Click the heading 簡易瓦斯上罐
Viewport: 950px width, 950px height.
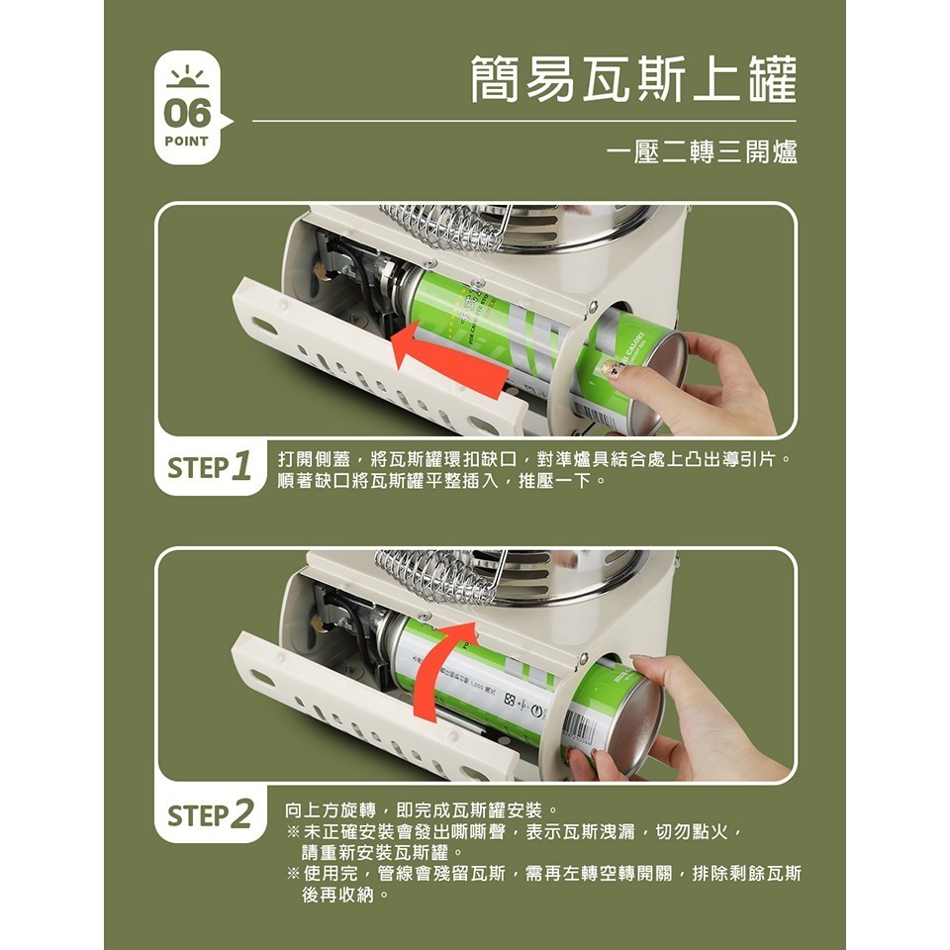tap(633, 80)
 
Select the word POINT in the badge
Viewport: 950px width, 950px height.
tap(187, 142)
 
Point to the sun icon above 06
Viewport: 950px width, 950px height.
tap(187, 77)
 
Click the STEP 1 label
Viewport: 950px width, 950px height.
tap(209, 467)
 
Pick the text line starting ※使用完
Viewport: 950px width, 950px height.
tap(544, 874)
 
